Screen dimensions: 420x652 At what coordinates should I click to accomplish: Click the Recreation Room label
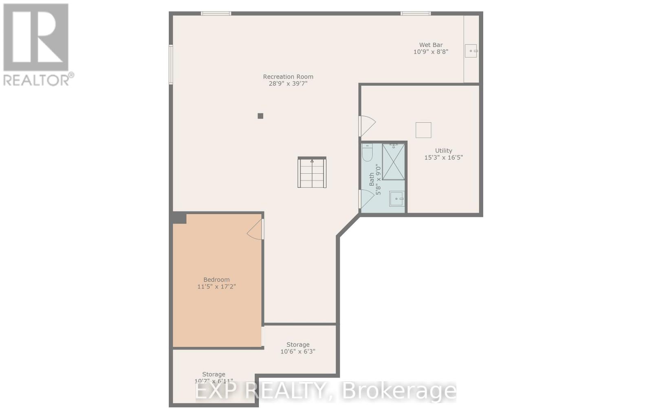pyautogui.click(x=288, y=77)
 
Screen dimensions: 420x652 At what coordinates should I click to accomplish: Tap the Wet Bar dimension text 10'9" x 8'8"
pyautogui.click(x=431, y=52)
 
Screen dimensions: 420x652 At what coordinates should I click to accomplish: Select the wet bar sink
pyautogui.click(x=471, y=51)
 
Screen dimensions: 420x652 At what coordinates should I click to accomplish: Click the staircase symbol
pyautogui.click(x=312, y=172)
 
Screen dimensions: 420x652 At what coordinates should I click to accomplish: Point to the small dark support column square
pyautogui.click(x=260, y=116)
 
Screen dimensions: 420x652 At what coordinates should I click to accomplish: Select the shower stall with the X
pyautogui.click(x=393, y=162)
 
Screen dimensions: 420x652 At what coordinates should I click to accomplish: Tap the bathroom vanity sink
pyautogui.click(x=396, y=199)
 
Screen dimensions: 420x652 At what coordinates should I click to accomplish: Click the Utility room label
pyautogui.click(x=443, y=150)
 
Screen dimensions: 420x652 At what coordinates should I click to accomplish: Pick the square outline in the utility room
pyautogui.click(x=423, y=130)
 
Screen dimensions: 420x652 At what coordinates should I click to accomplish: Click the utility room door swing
pyautogui.click(x=366, y=126)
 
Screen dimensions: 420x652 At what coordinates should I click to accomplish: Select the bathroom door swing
pyautogui.click(x=366, y=199)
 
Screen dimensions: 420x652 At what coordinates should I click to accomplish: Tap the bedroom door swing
pyautogui.click(x=256, y=230)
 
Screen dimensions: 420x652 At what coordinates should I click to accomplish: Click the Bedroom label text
pyautogui.click(x=216, y=280)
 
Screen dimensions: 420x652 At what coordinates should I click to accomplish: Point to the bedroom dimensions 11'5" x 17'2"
pyautogui.click(x=216, y=287)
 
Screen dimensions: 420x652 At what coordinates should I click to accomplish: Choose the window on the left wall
pyautogui.click(x=171, y=64)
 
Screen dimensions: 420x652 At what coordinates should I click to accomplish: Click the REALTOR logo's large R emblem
pyautogui.click(x=36, y=38)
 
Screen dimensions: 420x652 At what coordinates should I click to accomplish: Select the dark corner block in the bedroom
pyautogui.click(x=179, y=218)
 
